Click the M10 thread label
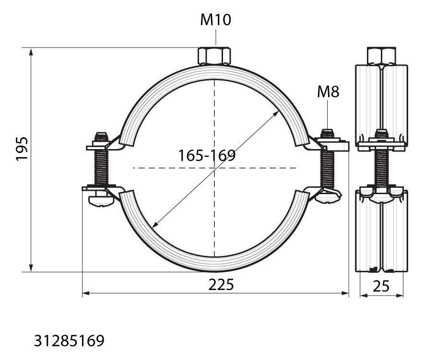(215, 20)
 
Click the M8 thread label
(328, 92)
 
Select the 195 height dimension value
(22, 149)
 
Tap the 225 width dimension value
(221, 285)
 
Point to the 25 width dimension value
(381, 286)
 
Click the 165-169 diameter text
(207, 155)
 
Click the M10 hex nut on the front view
(214, 56)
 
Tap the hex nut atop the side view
(381, 56)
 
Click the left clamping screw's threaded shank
(101, 168)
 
